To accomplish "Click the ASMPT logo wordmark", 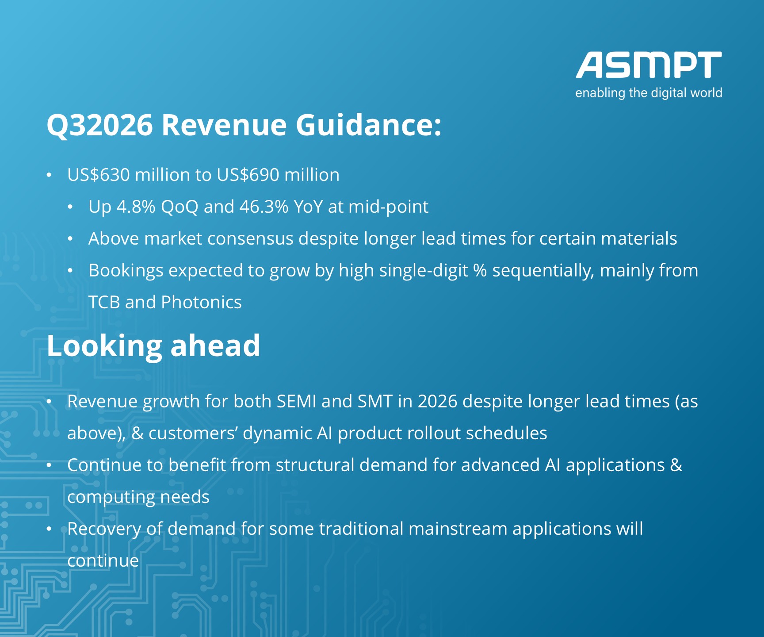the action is (x=649, y=65).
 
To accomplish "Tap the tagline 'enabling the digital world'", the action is (x=649, y=93).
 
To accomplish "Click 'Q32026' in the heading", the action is (x=100, y=125).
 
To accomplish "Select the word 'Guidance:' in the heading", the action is (x=368, y=124).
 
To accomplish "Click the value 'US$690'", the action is (x=248, y=175).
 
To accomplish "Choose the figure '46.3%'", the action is (x=264, y=207).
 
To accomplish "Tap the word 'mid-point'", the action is (x=389, y=207).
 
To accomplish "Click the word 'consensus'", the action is (x=251, y=239).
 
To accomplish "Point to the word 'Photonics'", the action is (x=202, y=302).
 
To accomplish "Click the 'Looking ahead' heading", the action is (x=153, y=346).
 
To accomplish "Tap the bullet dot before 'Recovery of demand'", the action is (x=50, y=529).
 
